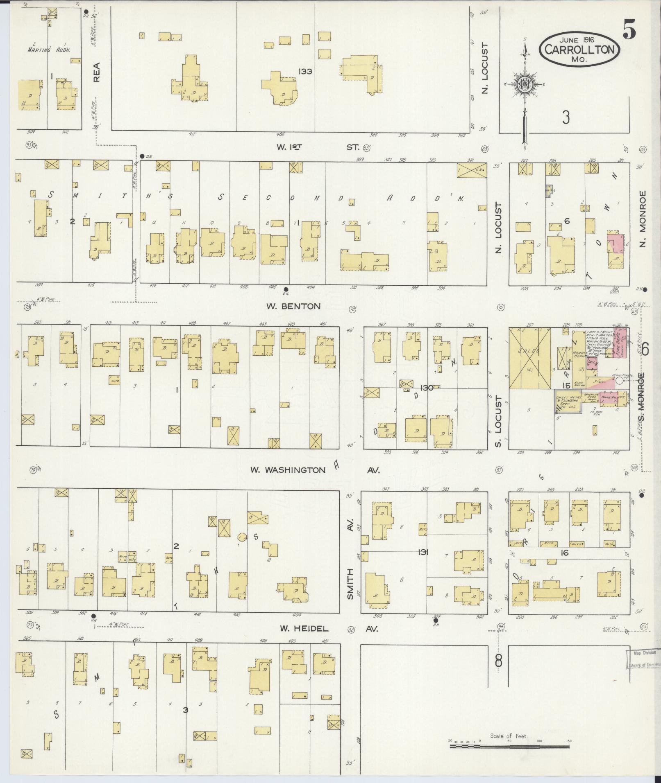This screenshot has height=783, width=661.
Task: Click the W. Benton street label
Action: [293, 306]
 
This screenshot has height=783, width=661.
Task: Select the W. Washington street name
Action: [288, 470]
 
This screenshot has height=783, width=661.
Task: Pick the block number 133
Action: [305, 71]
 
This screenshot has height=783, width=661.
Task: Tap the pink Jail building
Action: [591, 363]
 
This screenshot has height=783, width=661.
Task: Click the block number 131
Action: [423, 552]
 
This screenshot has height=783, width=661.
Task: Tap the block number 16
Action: [565, 553]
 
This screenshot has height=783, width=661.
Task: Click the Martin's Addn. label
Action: [49, 50]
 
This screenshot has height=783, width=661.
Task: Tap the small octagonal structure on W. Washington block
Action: [242, 537]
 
